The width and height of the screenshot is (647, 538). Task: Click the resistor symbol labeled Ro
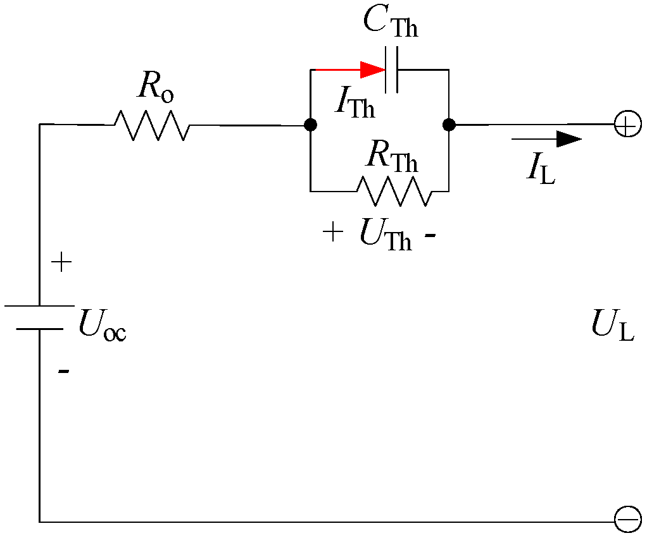pyautogui.click(x=151, y=125)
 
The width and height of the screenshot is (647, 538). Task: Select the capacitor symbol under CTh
pyautogui.click(x=392, y=70)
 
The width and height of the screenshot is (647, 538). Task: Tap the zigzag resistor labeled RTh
pyautogui.click(x=396, y=190)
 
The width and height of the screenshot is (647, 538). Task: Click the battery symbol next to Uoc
pyautogui.click(x=39, y=317)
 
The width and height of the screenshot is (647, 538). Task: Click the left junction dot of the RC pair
pyautogui.click(x=310, y=125)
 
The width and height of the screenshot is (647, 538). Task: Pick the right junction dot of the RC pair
pyautogui.click(x=449, y=125)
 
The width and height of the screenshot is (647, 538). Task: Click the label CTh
pyautogui.click(x=391, y=23)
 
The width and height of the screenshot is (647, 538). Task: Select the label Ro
pyautogui.click(x=155, y=89)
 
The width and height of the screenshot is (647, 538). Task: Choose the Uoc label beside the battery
pyautogui.click(x=102, y=327)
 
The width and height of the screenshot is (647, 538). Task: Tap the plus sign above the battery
pyautogui.click(x=61, y=262)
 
